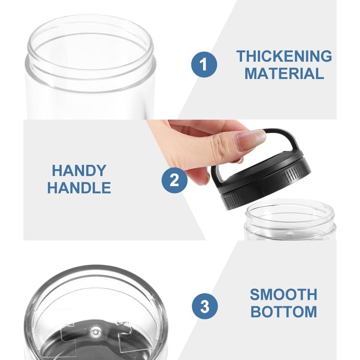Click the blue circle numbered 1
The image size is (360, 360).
click(x=204, y=65)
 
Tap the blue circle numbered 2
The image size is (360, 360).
click(x=175, y=180)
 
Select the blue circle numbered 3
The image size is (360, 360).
click(x=205, y=306)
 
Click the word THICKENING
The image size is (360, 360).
click(x=284, y=56)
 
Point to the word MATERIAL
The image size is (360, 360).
click(x=284, y=74)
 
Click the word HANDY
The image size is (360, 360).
click(x=79, y=170)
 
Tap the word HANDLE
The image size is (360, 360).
click(x=79, y=188)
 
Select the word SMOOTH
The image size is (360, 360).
click(x=284, y=294)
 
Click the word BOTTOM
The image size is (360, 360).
click(x=284, y=312)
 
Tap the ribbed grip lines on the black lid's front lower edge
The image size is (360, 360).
click(x=232, y=201)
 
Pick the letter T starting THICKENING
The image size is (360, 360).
click(x=241, y=56)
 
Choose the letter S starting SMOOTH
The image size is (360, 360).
click(x=255, y=294)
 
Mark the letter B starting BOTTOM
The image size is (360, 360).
click(x=255, y=312)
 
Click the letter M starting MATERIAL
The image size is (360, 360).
click(x=251, y=74)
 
